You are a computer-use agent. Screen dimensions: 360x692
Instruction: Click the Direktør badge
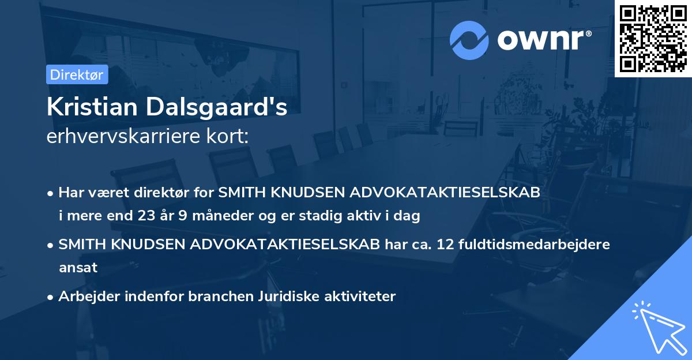[76, 74]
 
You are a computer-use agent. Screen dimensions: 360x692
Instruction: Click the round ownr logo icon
[470, 40]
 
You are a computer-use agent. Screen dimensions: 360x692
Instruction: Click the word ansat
[78, 267]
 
